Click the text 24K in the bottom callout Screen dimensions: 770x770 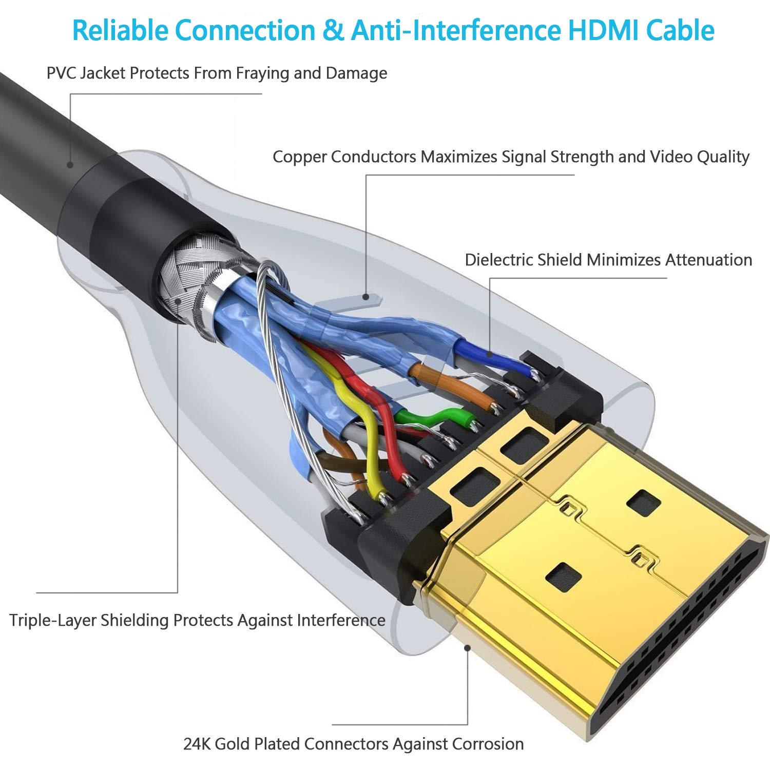197,744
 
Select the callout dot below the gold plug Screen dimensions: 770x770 467,648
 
